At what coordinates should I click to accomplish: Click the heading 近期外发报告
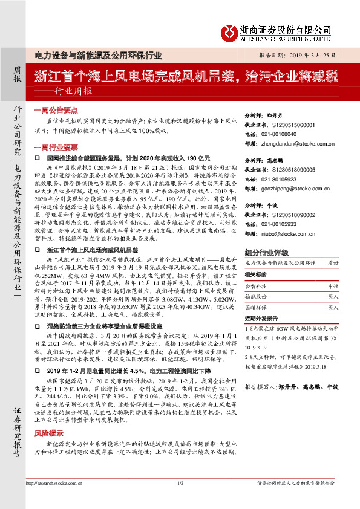tap(264, 318)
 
